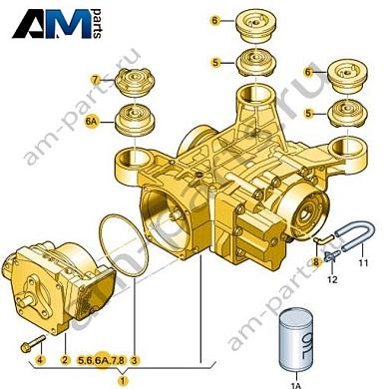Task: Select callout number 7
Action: [96, 80]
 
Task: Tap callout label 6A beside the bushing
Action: [91, 122]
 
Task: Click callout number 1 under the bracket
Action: [123, 381]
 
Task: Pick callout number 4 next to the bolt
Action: [40, 360]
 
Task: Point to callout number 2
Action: [65, 360]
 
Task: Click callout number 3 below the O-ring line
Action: [135, 360]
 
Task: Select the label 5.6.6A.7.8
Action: [101, 360]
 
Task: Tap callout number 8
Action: [316, 262]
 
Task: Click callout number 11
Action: [363, 263]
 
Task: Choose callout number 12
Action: [332, 279]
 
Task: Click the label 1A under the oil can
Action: [295, 385]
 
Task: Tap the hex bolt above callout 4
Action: [33, 343]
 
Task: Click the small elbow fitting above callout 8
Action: [322, 239]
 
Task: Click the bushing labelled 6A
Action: [135, 120]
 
